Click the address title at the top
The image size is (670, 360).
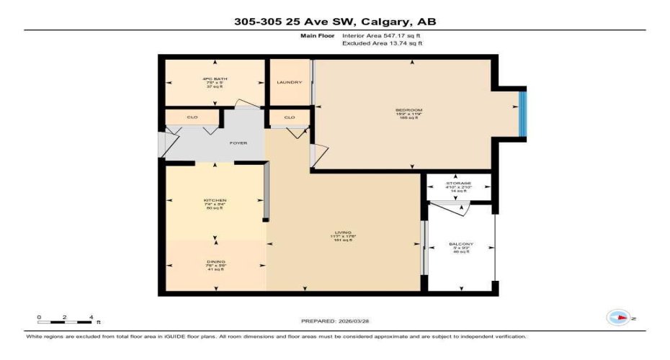point(335,22)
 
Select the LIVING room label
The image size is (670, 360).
point(342,233)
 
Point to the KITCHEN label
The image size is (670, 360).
point(215,200)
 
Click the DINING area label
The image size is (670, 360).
point(215,261)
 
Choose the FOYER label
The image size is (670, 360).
point(238,143)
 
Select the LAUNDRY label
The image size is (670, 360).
point(289,82)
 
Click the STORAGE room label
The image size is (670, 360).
point(459,184)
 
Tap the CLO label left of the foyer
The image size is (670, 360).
point(192,117)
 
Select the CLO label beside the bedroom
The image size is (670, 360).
point(289,117)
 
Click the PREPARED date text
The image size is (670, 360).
point(335,320)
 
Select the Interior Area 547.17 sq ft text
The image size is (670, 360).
point(381,35)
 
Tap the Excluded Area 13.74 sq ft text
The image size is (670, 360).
point(382,43)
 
